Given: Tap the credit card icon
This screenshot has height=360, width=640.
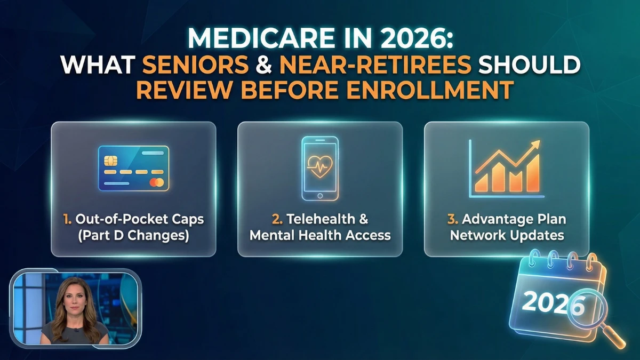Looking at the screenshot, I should pos(133,169).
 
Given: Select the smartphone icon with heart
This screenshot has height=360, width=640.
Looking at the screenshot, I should pos(320,168).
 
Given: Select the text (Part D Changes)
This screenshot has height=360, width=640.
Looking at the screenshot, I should pos(133,235).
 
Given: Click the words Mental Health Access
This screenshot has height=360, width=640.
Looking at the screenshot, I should pos(320,235).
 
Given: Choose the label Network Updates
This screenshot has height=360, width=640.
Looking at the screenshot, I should pos(507,235).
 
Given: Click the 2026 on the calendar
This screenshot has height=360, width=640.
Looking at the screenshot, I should pos(553,303).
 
